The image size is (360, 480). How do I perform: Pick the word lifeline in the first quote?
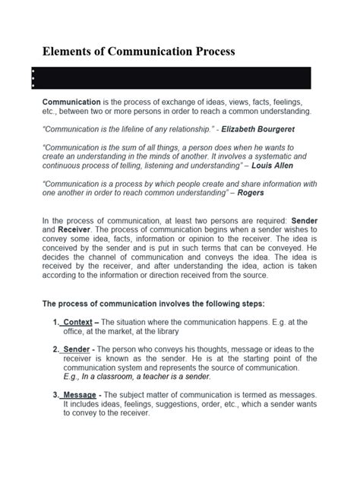click(x=140, y=129)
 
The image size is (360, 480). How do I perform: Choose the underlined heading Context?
click(x=78, y=321)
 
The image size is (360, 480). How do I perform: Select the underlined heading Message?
click(x=81, y=395)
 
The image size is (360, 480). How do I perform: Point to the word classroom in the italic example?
click(x=115, y=376)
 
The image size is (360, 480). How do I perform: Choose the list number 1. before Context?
click(x=57, y=321)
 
